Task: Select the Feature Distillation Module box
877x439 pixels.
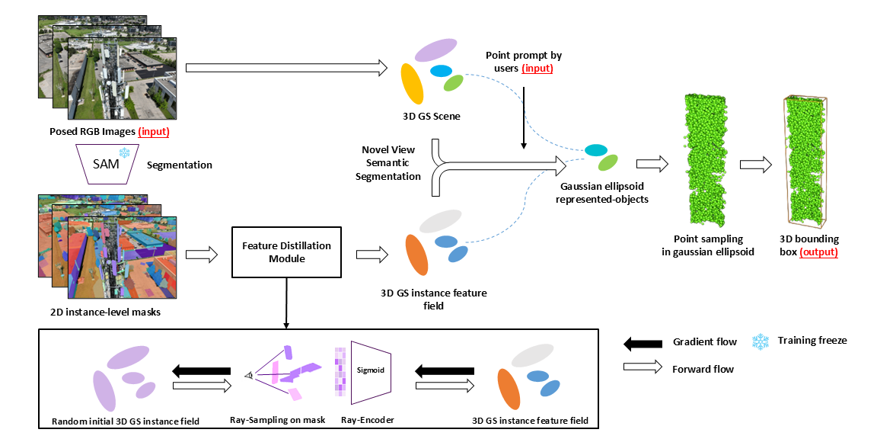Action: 286,252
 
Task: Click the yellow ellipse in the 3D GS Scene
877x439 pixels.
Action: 412,83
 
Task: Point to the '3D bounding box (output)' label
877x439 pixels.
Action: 811,245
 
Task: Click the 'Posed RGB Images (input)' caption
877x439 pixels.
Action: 104,131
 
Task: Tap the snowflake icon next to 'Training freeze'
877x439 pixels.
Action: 759,341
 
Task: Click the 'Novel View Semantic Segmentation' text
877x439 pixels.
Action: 391,162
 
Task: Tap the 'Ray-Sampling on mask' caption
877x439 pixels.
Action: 277,420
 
